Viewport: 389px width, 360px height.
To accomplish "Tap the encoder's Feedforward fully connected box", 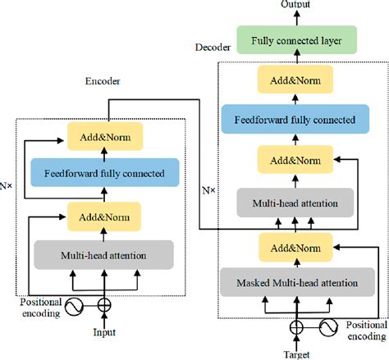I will point(103,174).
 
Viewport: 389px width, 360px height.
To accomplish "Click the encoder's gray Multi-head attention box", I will point(103,256).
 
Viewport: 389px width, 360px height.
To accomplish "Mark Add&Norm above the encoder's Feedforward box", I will point(103,134).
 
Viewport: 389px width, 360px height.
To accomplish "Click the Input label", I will point(104,332).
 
